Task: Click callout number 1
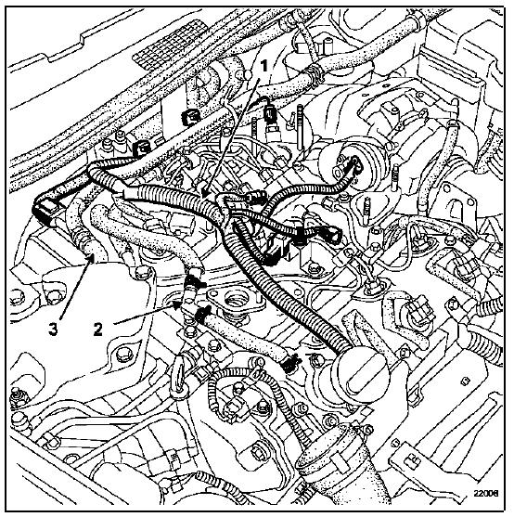(263, 66)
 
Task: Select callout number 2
(97, 329)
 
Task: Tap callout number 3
(54, 330)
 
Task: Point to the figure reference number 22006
(486, 493)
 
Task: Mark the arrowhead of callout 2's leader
(177, 305)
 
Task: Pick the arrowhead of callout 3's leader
(91, 260)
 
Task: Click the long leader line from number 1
(232, 135)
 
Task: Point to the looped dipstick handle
(177, 376)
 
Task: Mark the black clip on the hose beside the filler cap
(290, 362)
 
